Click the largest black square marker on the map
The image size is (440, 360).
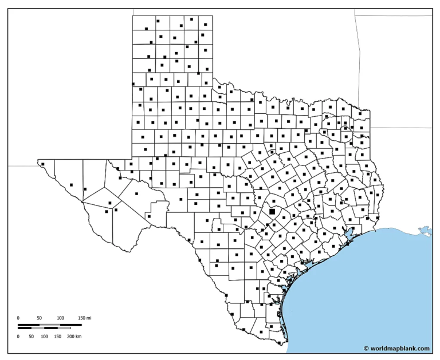point(272,211)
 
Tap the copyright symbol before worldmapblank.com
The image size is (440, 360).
point(366,348)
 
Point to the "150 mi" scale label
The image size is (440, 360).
point(85,318)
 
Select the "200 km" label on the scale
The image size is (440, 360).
point(74,337)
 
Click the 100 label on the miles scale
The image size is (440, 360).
point(60,318)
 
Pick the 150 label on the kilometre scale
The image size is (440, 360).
point(58,337)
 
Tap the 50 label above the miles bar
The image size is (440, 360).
point(39,318)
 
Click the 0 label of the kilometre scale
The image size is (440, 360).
point(18,337)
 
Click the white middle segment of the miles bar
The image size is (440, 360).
point(50,325)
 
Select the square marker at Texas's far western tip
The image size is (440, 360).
point(42,164)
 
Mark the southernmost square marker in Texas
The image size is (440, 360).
point(279,344)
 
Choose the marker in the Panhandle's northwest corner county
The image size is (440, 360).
point(147,28)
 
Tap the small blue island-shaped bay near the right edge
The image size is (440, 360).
point(425,231)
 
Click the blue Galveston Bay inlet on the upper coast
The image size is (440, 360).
point(348,234)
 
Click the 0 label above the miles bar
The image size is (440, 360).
point(18,318)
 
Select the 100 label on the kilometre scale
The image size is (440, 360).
point(44,337)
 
